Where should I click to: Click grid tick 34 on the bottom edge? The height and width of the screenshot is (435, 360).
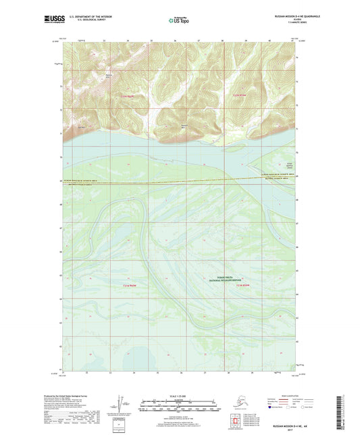pyautogui.click(x=134, y=372)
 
